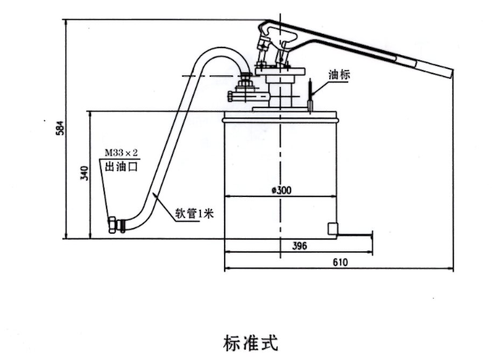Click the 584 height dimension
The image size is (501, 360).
(x=60, y=128)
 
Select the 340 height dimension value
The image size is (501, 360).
(x=85, y=173)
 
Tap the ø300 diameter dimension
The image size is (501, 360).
(x=282, y=190)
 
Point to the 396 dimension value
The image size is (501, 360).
(x=299, y=246)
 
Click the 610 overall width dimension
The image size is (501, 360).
(x=340, y=262)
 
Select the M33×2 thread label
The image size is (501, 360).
(x=122, y=153)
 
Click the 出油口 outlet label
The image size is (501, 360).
(x=122, y=166)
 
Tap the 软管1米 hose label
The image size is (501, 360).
(x=194, y=213)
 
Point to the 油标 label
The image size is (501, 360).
(x=339, y=75)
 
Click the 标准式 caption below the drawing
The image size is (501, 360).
(x=250, y=343)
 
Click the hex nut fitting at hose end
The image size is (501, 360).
(x=112, y=225)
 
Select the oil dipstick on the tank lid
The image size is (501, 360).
(x=310, y=96)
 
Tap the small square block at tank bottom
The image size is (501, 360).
(x=333, y=229)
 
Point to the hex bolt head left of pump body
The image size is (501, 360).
(x=231, y=96)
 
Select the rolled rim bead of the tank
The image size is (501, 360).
(x=280, y=120)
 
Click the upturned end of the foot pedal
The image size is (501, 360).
(x=371, y=235)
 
